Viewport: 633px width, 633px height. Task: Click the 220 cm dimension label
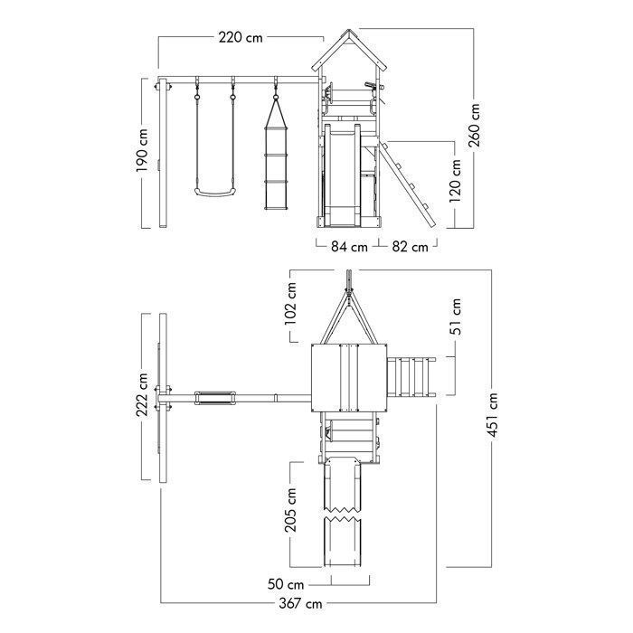tap(241, 38)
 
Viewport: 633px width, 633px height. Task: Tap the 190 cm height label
tap(142, 151)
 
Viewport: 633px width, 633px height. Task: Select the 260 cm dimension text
tap(475, 125)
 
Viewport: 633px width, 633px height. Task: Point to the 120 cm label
tap(455, 181)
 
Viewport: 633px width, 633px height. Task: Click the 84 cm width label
tap(350, 246)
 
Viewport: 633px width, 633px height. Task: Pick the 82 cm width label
tap(411, 246)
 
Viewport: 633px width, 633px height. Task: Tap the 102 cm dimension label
tap(290, 304)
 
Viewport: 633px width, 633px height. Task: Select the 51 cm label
tap(455, 316)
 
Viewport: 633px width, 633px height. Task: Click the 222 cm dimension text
tap(142, 394)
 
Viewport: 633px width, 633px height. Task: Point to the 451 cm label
tap(493, 414)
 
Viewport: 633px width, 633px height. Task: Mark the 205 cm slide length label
tap(290, 509)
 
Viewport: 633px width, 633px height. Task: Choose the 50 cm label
tap(286, 584)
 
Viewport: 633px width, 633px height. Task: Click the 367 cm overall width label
tap(301, 603)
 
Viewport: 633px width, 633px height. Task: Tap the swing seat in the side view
tap(213, 192)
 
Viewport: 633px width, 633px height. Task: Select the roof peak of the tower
tap(349, 30)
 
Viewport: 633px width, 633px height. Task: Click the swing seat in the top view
tap(215, 398)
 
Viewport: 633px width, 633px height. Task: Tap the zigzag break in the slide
tap(343, 513)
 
